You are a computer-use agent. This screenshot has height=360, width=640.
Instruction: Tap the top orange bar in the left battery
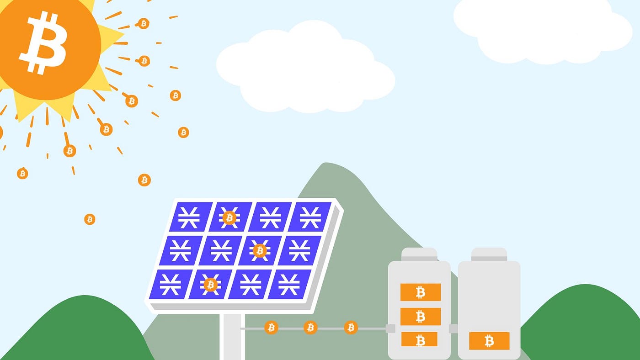coord(420,292)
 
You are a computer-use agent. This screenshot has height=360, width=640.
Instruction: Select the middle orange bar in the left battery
coord(420,316)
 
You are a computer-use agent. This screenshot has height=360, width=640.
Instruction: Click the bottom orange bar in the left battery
coord(419,339)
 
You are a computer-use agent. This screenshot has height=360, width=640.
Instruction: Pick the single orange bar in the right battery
coord(489,341)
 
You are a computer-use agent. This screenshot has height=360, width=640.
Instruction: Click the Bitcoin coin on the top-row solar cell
coord(229,218)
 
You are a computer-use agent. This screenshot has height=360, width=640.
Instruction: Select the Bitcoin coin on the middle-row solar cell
coord(260,250)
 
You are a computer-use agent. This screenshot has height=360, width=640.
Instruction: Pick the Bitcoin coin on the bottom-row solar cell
coord(210,285)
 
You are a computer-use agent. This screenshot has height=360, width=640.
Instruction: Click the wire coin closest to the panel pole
coord(271,327)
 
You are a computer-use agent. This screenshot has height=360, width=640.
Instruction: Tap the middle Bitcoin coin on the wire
coord(310,327)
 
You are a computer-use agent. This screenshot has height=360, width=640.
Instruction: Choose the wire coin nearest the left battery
coord(351,327)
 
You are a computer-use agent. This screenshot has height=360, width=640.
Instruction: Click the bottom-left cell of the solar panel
coord(170,284)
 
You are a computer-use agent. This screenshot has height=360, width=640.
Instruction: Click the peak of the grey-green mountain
coord(325,165)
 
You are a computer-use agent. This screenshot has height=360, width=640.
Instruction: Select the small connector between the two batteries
coord(453,328)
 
